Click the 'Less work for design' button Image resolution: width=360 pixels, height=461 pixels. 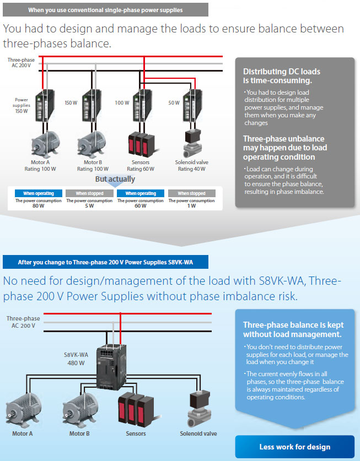tap(294, 447)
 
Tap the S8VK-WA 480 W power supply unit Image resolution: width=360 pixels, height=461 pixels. tap(111, 367)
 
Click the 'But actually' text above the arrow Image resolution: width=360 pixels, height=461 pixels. tap(115, 179)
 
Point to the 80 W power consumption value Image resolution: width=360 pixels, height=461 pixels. tap(38, 206)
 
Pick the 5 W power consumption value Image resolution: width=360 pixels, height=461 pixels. tap(89, 206)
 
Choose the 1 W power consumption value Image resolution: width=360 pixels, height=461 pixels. tap(192, 206)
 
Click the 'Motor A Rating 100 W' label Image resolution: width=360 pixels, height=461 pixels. tap(40, 166)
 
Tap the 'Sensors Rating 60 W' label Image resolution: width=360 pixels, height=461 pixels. tap(141, 166)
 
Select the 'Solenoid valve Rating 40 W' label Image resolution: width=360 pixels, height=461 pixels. tap(192, 166)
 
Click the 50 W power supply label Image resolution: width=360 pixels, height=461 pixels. tap(174, 103)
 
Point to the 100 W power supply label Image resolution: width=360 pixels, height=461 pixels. tap(122, 103)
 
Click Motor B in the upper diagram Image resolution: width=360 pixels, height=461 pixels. tap(92, 144)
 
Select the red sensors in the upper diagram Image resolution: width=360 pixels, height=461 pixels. tap(142, 144)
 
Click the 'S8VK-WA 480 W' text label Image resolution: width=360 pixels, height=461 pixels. tap(76, 359)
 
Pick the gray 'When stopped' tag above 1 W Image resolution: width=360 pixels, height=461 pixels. tap(192, 193)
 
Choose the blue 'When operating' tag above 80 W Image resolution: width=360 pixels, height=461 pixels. tap(39, 193)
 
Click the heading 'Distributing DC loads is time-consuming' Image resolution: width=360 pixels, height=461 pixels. tap(282, 76)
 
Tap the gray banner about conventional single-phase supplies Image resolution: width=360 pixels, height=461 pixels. tap(105, 10)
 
